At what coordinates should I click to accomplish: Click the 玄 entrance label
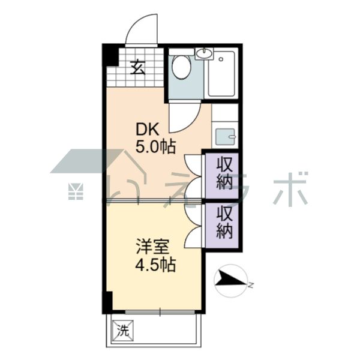pyautogui.click(x=138, y=67)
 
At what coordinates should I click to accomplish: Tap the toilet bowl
pyautogui.click(x=181, y=67)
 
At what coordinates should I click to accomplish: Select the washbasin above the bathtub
pyautogui.click(x=204, y=54)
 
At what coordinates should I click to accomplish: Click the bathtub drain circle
pyautogui.click(x=221, y=59)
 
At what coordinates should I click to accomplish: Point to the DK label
pyautogui.click(x=147, y=130)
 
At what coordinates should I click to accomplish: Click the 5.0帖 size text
pyautogui.click(x=155, y=146)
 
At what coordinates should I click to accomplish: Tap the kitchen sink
pyautogui.click(x=225, y=136)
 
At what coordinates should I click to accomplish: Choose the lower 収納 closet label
pyautogui.click(x=225, y=222)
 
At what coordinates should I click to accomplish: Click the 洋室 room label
pyautogui.click(x=153, y=247)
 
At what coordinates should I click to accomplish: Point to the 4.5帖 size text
pyautogui.click(x=155, y=265)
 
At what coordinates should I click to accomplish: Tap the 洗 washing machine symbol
pyautogui.click(x=123, y=331)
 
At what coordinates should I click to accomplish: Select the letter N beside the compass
pyautogui.click(x=251, y=286)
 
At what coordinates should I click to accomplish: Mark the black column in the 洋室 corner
pyautogui.click(x=107, y=302)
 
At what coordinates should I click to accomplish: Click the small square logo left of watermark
pyautogui.click(x=76, y=192)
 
